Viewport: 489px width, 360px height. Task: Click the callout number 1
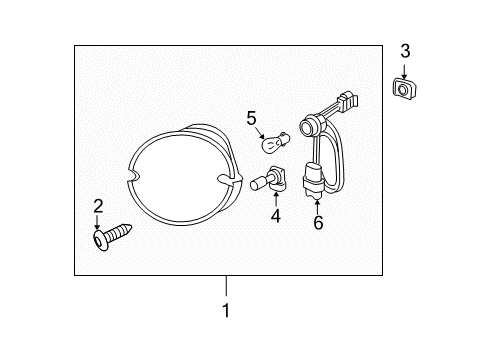[x=226, y=310]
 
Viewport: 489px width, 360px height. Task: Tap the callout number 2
[x=98, y=207]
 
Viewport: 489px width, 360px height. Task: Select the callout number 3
[x=405, y=51]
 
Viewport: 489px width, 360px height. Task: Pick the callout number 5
[x=252, y=119]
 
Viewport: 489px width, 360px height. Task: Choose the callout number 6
[x=318, y=222]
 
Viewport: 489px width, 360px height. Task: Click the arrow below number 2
[x=98, y=224]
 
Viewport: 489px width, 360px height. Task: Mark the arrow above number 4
[x=274, y=199]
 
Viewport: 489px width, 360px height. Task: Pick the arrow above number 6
[x=318, y=205]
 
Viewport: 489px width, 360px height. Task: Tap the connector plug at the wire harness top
[x=346, y=100]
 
